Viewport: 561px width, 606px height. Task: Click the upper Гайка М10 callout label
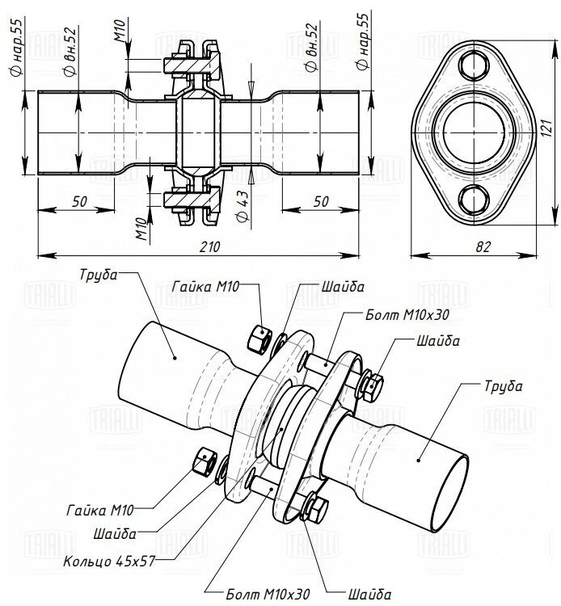coord(205,287)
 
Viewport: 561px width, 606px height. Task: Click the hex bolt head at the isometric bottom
coord(316,509)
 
